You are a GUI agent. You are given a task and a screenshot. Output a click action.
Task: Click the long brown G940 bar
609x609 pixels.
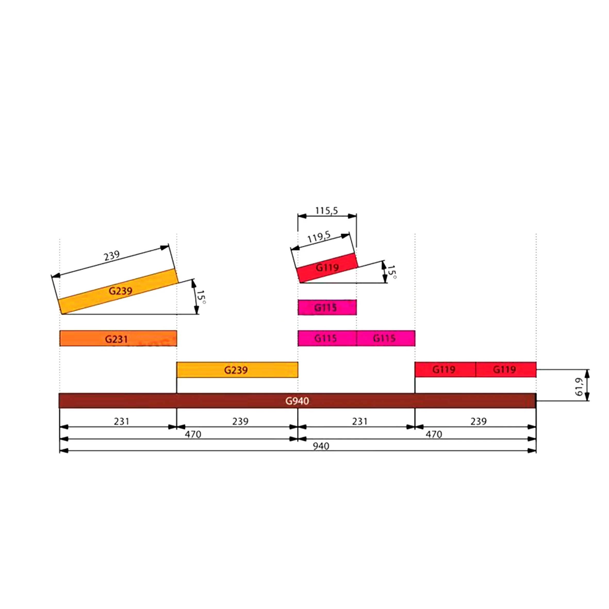tap(297, 401)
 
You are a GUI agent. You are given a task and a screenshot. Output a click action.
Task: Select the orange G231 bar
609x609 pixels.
tap(118, 338)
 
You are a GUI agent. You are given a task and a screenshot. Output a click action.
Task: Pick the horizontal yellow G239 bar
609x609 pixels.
tap(237, 369)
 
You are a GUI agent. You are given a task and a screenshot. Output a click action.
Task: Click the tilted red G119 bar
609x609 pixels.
tap(327, 268)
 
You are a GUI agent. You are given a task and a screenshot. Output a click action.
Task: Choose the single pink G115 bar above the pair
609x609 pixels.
tap(327, 307)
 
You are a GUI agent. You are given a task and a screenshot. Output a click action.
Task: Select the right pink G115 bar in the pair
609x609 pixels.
tap(386, 338)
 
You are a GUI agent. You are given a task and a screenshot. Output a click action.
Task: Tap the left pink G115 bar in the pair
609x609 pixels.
tap(327, 338)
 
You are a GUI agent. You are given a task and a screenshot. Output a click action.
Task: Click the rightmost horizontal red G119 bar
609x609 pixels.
tap(506, 369)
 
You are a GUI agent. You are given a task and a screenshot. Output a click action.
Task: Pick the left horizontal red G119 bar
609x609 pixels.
tap(445, 369)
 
